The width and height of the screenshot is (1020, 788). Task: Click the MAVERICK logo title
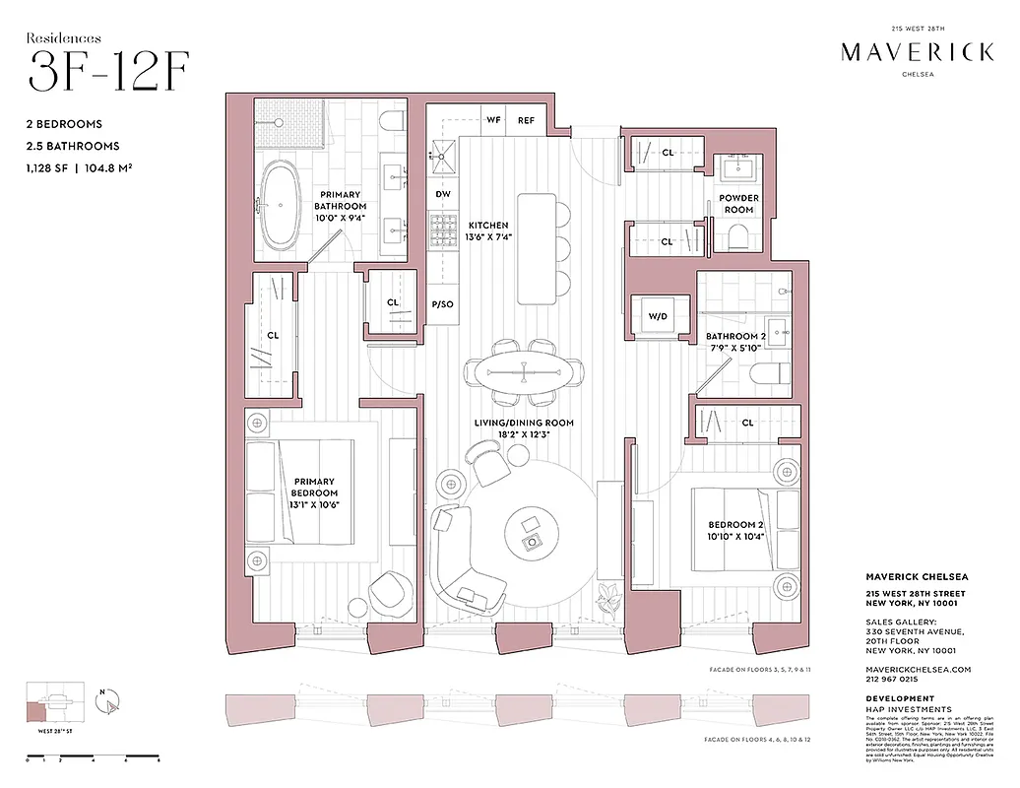917,52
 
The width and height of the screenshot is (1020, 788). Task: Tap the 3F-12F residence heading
108,71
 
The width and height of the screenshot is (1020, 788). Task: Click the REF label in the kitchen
527,120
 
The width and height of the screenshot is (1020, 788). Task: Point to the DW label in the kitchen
443,194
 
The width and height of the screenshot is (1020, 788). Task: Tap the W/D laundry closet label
657,317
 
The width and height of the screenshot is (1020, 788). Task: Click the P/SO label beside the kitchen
443,304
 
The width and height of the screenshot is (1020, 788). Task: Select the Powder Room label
738,204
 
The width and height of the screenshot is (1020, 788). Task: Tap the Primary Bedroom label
314,488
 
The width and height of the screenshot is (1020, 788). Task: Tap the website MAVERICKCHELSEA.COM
918,669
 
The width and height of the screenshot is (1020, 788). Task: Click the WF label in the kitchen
493,120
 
